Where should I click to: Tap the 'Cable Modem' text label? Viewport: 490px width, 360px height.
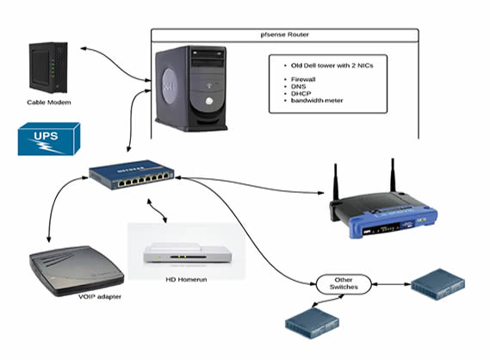50,101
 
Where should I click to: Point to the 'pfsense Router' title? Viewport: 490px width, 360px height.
283,35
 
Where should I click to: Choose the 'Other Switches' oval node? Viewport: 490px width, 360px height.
342,284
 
